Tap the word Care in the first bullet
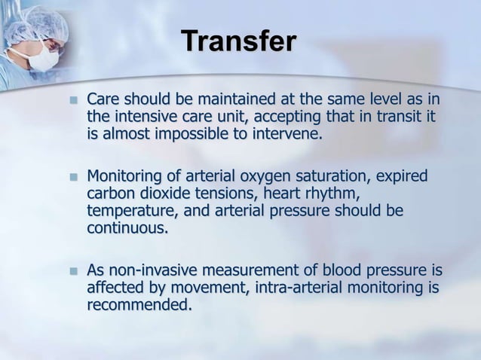pos(103,100)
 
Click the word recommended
pos(139,305)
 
